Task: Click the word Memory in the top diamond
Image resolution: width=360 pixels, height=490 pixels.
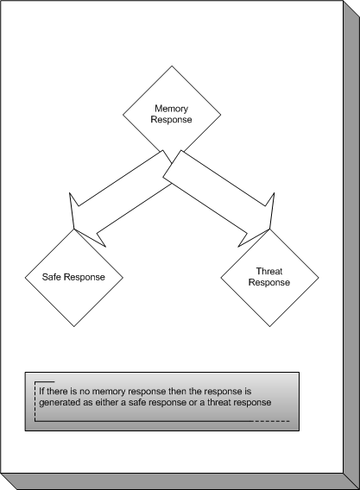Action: (x=172, y=109)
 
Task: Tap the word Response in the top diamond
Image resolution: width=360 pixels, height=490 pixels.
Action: (x=172, y=120)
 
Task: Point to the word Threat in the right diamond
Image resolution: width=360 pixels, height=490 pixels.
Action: (x=269, y=271)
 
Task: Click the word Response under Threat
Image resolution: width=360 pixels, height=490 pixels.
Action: (x=269, y=282)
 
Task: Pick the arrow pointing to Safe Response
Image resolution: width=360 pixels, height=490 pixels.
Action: (x=120, y=199)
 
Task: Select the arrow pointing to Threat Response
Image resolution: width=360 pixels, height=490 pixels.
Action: (x=219, y=199)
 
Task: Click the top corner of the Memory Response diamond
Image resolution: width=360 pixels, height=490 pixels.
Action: (x=172, y=66)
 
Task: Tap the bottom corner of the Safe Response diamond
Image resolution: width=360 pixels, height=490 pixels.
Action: (x=74, y=327)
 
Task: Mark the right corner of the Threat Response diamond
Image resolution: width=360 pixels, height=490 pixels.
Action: (x=319, y=278)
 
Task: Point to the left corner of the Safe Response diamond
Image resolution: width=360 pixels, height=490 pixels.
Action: (x=25, y=278)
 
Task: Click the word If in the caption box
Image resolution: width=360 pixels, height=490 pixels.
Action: (x=41, y=392)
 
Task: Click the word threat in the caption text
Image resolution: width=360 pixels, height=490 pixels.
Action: (x=219, y=402)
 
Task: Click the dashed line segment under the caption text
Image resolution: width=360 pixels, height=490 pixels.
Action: (x=271, y=421)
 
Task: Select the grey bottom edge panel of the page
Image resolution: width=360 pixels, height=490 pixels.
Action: (x=180, y=481)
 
